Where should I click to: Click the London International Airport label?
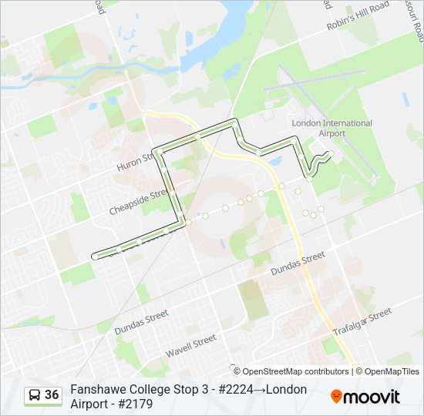pyautogui.click(x=331, y=128)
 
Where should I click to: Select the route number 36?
pyautogui.click(x=52, y=395)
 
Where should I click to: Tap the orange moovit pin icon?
pyautogui.click(x=336, y=397)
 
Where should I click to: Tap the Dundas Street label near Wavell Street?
pyautogui.click(x=141, y=321)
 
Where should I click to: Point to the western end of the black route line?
pyautogui.click(x=94, y=255)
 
